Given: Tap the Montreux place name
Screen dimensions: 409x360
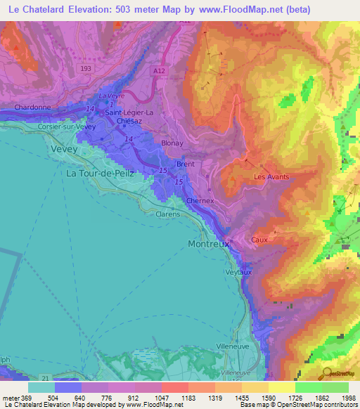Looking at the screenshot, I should pos(208,244).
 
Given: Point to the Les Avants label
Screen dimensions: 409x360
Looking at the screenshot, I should pos(271,177).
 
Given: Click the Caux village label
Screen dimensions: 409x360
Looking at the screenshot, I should pos(259,240).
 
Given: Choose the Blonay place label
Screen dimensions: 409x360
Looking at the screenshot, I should pos(172,142).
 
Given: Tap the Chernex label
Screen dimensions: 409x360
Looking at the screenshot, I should pos(200,200).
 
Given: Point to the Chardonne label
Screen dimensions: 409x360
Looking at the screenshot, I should pos(33,108).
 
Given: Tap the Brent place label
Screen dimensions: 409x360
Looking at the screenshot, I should pos(186,164).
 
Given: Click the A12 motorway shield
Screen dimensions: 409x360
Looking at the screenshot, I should pos(160,70).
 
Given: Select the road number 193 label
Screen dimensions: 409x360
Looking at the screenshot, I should pos(86,67).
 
